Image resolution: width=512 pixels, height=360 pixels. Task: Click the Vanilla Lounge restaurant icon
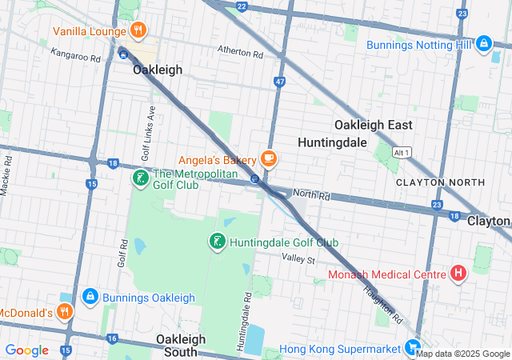(x=138, y=31)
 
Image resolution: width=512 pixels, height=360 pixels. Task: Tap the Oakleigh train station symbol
(x=122, y=53)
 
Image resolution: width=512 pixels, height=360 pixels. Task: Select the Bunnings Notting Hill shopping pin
(x=483, y=43)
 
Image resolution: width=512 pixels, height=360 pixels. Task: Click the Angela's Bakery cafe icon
(x=268, y=158)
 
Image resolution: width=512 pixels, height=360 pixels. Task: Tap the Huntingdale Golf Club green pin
(x=216, y=242)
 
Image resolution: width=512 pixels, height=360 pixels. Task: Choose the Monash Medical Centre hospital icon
(x=458, y=274)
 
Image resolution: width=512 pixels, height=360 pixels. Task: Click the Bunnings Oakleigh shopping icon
(x=90, y=297)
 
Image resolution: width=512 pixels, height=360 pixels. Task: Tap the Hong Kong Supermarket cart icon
(x=412, y=348)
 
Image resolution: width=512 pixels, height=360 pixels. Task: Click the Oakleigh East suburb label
(x=373, y=125)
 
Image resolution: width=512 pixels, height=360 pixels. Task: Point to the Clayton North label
(x=440, y=182)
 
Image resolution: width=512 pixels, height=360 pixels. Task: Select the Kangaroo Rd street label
(x=75, y=58)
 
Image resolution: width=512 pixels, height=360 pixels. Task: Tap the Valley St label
(x=298, y=259)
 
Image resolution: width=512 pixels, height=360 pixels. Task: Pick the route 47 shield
(x=278, y=82)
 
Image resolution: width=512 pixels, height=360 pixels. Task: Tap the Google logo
(x=26, y=350)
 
